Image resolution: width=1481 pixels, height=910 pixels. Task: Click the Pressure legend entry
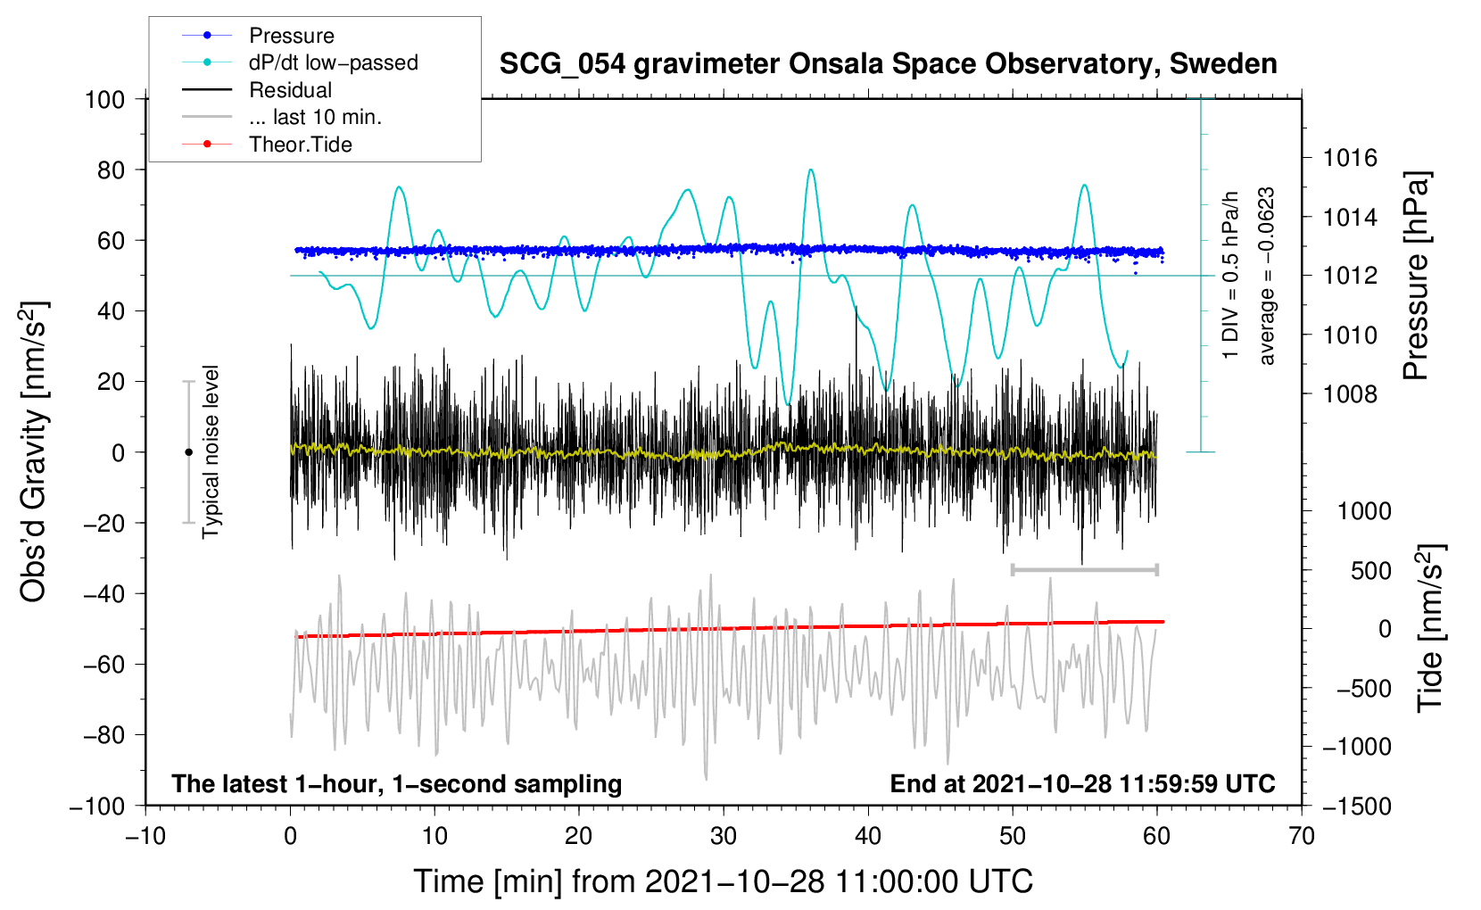(x=258, y=35)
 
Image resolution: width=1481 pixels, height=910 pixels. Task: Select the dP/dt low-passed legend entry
(x=300, y=62)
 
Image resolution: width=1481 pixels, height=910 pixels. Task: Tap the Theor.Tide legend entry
(x=267, y=145)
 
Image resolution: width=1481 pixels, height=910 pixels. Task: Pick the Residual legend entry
(x=257, y=90)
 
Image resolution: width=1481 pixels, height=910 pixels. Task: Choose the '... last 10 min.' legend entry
(x=282, y=117)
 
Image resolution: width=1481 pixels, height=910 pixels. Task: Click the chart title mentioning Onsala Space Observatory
(x=888, y=64)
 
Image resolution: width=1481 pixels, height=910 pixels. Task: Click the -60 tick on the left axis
(x=103, y=664)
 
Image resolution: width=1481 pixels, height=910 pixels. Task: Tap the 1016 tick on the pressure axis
(x=1350, y=158)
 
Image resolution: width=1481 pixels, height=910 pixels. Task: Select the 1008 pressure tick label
(x=1350, y=394)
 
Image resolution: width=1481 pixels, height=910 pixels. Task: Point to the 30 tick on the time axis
(x=724, y=837)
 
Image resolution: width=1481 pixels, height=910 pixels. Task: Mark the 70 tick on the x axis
(x=1301, y=837)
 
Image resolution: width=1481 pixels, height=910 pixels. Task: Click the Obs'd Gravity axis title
(x=34, y=452)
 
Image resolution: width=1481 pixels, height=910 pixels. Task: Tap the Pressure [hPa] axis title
(x=1416, y=276)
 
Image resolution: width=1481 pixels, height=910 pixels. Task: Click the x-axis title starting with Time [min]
(x=723, y=881)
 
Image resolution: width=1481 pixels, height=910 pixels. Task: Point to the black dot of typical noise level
(x=188, y=452)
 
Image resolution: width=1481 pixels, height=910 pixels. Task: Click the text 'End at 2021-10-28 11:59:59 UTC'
(x=1082, y=783)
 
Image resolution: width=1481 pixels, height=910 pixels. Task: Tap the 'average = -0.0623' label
(x=1266, y=276)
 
